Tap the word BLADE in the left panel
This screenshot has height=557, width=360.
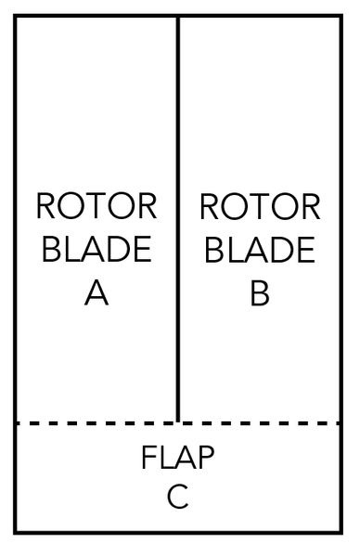[x=96, y=251]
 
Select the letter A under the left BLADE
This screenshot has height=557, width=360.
[x=96, y=293]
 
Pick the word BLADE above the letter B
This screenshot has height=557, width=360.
[x=260, y=251]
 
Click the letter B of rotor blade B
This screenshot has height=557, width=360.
[x=260, y=293]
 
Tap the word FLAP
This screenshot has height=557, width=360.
[x=178, y=459]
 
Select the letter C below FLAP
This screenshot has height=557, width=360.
[x=178, y=498]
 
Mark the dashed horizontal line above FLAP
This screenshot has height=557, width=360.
[x=93, y=423]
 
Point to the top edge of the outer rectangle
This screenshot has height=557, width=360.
[x=93, y=16]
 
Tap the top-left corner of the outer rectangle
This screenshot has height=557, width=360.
[x=15, y=16]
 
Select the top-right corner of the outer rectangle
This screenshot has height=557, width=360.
[x=341, y=16]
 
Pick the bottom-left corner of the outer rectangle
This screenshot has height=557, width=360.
[x=15, y=533]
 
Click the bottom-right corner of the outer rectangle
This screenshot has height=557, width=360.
[x=341, y=533]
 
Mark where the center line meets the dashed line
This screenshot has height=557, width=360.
[x=177, y=423]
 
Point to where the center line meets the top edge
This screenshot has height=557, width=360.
[x=177, y=16]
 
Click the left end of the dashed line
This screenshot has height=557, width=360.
[x=17, y=423]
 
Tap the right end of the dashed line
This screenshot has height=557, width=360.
[x=339, y=423]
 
